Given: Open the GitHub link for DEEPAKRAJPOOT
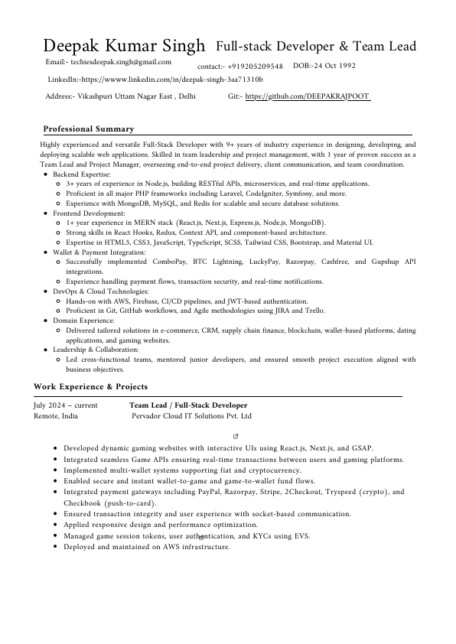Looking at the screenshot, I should pos(307,97).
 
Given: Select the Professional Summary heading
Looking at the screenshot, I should pos(89,129).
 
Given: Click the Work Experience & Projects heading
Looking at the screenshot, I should pos(91,386).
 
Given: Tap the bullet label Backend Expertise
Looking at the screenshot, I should pos(81,175).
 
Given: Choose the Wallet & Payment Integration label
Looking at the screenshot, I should pos(99,252).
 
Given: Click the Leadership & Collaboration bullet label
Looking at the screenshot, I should pos(96,350).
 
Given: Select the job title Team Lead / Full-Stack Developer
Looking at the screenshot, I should pos(188,405).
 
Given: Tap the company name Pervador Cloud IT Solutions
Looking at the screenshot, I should pos(191,417).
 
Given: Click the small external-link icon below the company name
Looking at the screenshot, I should pos(224,434).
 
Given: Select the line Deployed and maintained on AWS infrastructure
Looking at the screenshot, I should pos(147,547).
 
